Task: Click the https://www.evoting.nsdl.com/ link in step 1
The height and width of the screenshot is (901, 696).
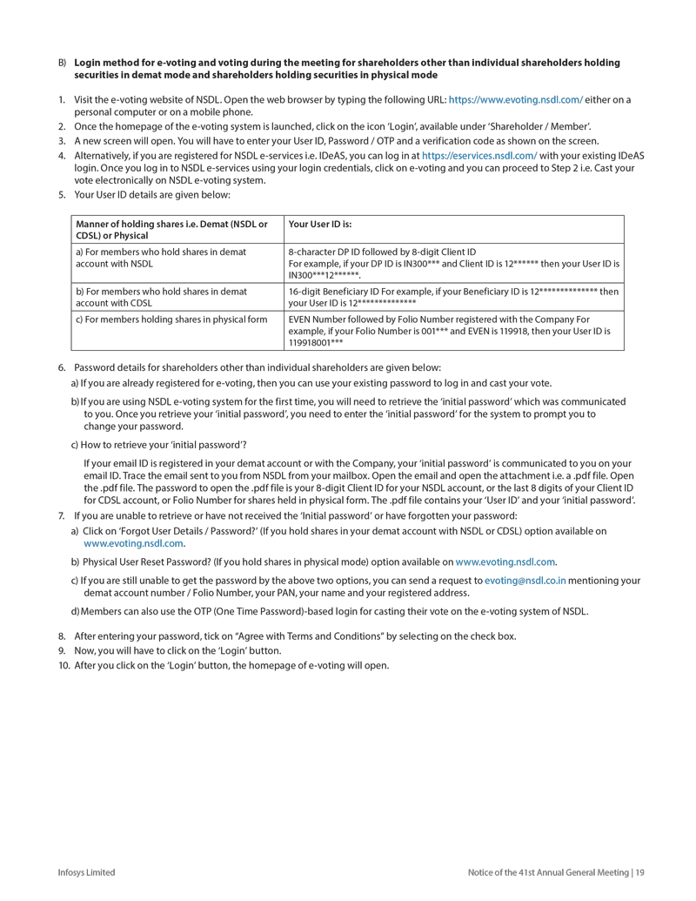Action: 515,100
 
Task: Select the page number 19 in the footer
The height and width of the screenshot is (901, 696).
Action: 640,872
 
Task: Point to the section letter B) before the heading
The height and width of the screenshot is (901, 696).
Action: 63,63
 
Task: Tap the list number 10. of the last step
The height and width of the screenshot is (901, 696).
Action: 64,666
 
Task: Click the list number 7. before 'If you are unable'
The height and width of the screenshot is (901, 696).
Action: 62,515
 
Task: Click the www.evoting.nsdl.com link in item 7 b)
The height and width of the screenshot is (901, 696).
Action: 505,561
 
